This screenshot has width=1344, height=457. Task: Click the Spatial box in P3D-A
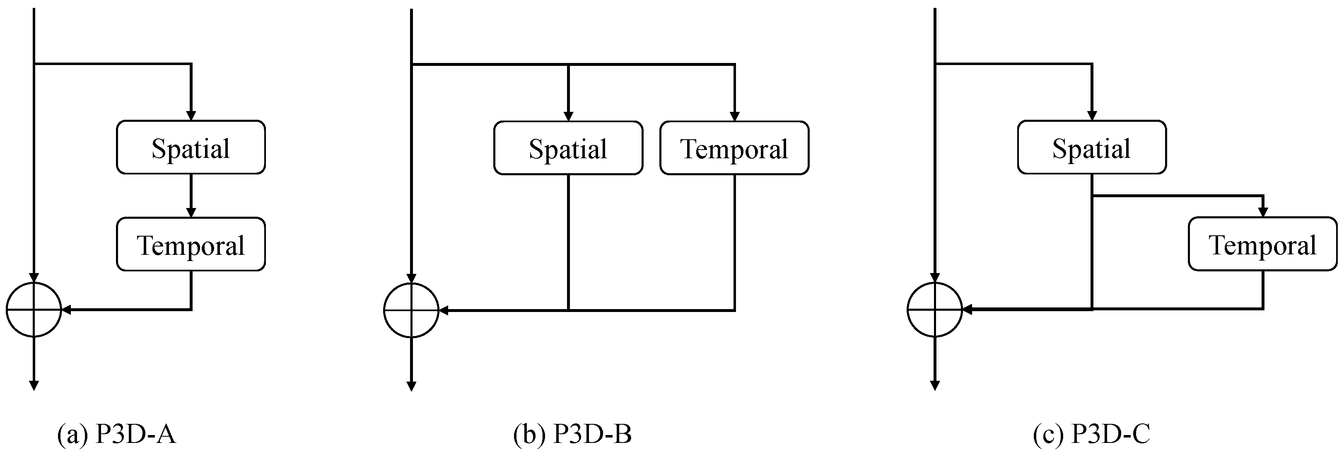(x=191, y=147)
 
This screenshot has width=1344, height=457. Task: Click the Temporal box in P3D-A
(x=191, y=244)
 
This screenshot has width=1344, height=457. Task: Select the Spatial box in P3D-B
(x=568, y=148)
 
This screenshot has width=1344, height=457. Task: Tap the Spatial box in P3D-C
(x=1091, y=147)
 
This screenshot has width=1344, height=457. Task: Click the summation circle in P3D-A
(x=34, y=310)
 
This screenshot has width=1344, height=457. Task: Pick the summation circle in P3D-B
(x=411, y=310)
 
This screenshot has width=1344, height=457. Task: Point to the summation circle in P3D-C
(x=934, y=310)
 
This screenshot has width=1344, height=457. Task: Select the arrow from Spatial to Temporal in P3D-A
(x=191, y=196)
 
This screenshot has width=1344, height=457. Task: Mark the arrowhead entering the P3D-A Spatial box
(x=191, y=115)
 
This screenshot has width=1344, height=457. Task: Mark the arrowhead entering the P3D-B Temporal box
(x=735, y=116)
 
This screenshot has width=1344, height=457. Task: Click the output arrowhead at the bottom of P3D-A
(x=34, y=385)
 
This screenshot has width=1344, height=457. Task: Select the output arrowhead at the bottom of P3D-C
(x=934, y=385)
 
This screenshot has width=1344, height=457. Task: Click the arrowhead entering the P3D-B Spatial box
(x=568, y=116)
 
